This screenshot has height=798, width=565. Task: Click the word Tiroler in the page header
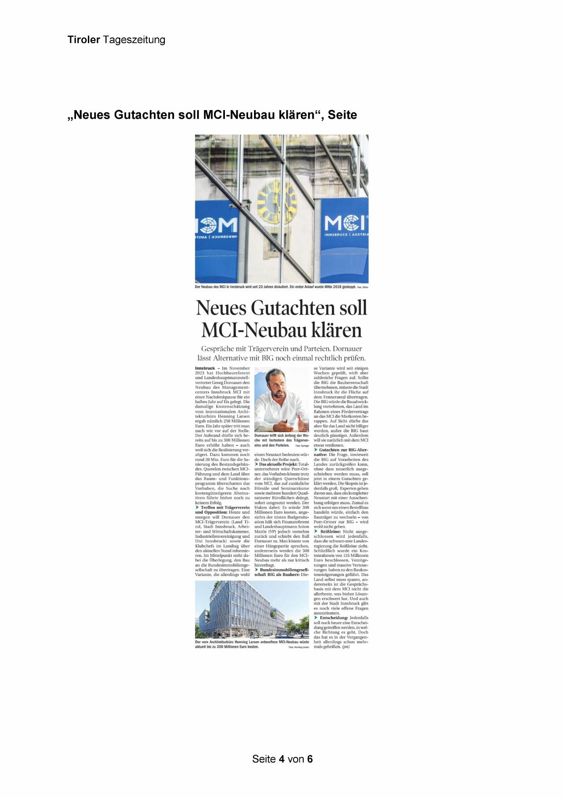pyautogui.click(x=84, y=40)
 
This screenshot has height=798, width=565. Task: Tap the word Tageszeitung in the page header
pyautogui.click(x=134, y=40)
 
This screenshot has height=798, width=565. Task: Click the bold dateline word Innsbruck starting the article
pyautogui.click(x=205, y=368)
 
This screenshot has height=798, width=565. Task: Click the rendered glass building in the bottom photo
pyautogui.click(x=241, y=610)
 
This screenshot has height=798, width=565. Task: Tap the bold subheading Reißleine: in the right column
pyautogui.click(x=331, y=531)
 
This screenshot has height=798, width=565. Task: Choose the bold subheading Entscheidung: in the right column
pyautogui.click(x=334, y=618)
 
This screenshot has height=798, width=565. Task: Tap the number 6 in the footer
pyautogui.click(x=310, y=759)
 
